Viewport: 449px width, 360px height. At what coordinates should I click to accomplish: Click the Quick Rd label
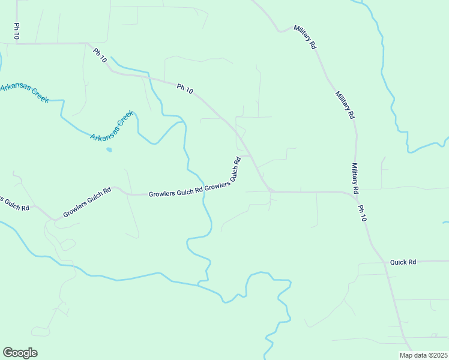click(403, 262)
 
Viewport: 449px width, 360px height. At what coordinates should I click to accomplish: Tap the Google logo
click(20, 353)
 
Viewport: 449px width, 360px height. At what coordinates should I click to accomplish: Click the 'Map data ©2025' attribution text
click(423, 355)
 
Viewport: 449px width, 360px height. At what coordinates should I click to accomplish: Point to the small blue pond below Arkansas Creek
click(109, 149)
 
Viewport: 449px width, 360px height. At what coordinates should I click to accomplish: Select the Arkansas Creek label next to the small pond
click(111, 126)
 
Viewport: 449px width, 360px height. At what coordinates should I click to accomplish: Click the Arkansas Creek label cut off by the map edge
click(24, 93)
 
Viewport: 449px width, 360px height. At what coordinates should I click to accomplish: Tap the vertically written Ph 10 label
click(17, 32)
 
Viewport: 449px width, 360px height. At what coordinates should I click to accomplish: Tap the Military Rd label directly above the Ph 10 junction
click(355, 178)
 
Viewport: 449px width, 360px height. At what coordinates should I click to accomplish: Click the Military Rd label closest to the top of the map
click(305, 37)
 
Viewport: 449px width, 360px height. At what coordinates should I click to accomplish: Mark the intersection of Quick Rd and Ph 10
click(384, 263)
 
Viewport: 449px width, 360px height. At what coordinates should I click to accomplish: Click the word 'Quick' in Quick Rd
click(399, 262)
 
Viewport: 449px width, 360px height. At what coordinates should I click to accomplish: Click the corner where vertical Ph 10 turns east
click(17, 44)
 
